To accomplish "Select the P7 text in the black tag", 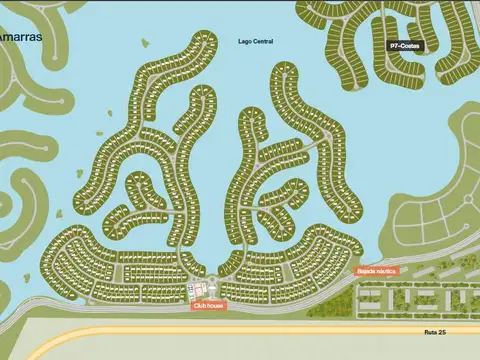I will (x=395, y=46).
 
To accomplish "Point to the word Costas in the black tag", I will (x=410, y=46).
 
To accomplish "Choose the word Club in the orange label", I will (x=201, y=306).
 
